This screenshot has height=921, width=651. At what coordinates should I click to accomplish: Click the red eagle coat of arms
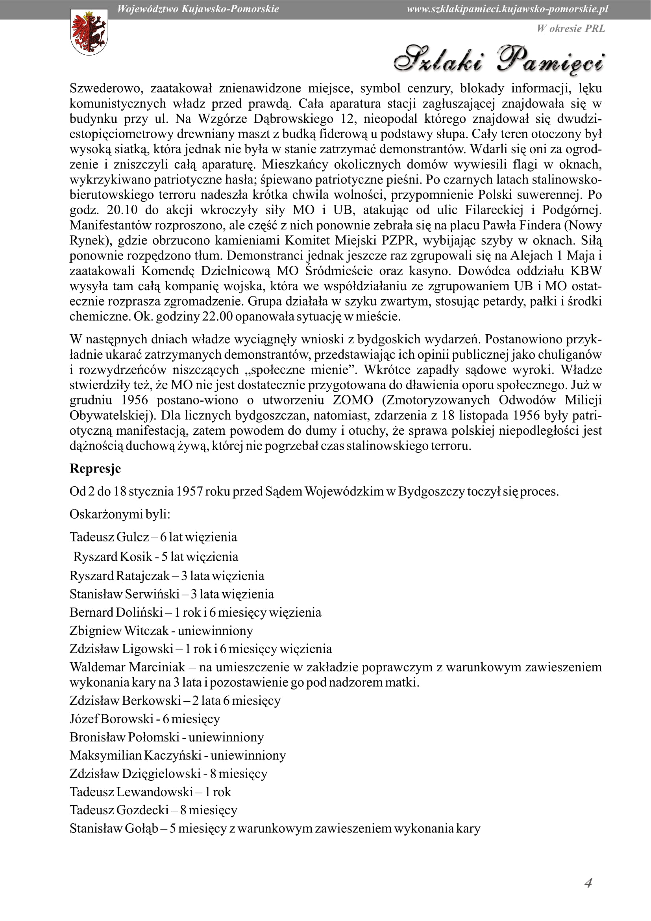coord(89,32)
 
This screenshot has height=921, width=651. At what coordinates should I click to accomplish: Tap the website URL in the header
coord(507,9)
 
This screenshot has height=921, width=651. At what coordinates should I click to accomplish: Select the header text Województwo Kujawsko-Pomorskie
coord(198,9)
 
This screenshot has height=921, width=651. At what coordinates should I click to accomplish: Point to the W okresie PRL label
coord(570,28)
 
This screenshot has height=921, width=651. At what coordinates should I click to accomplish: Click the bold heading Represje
coord(95,469)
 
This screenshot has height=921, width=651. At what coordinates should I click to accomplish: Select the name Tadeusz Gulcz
coord(109,537)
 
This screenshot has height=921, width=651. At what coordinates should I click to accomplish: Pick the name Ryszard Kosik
coord(113,557)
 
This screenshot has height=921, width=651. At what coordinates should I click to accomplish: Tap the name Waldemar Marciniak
coord(127,667)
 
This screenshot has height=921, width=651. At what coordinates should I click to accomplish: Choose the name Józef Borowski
coord(111,719)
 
